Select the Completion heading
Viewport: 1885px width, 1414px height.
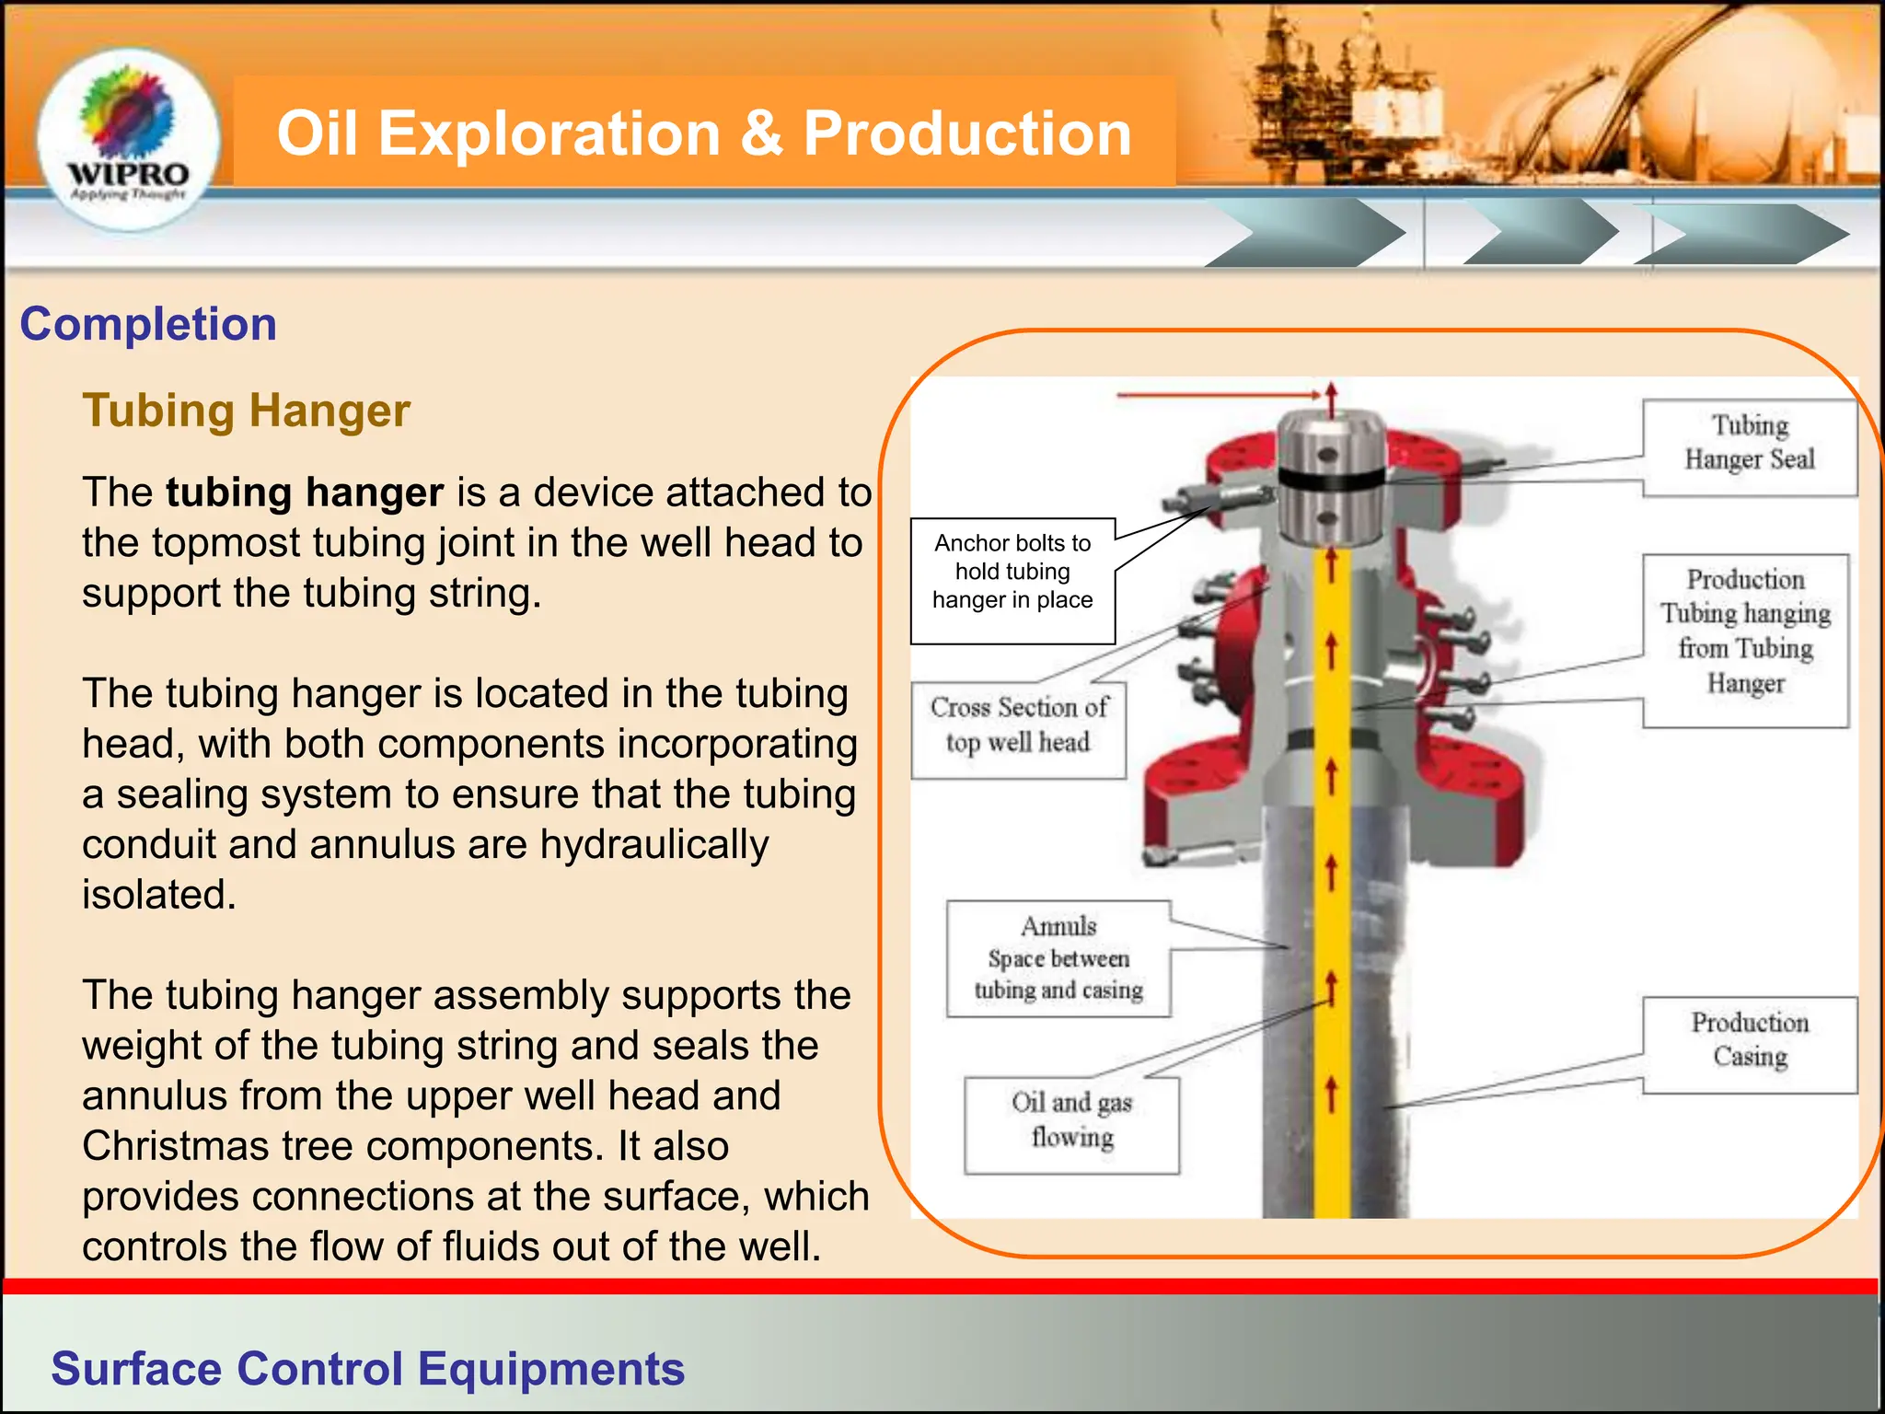[x=148, y=324]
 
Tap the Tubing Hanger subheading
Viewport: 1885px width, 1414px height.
[x=246, y=411]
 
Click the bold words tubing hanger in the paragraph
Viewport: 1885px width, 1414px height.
[x=305, y=493]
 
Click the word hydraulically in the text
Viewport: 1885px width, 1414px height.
[x=653, y=845]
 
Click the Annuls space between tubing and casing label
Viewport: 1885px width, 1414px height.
[x=1058, y=958]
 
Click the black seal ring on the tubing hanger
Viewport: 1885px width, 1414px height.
[x=1331, y=480]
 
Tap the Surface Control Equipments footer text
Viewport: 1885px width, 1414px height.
[x=367, y=1369]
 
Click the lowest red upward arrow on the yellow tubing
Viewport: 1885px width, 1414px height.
[x=1330, y=1095]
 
